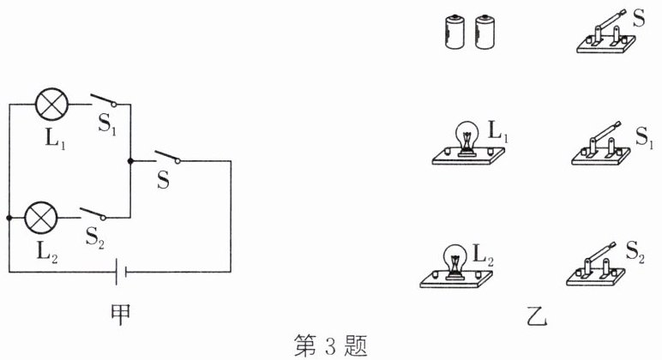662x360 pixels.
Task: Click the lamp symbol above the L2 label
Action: [x=41, y=218]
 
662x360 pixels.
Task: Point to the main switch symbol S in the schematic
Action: [x=166, y=158]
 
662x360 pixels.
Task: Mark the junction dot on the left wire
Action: [x=9, y=219]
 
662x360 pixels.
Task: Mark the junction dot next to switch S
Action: [x=129, y=160]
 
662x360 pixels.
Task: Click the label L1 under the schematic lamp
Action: [x=54, y=135]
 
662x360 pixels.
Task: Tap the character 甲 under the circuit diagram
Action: [x=125, y=307]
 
